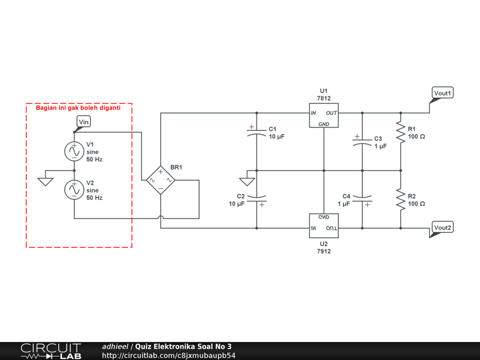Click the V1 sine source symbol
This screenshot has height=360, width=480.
[74, 151]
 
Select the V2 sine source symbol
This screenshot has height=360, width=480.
[74, 190]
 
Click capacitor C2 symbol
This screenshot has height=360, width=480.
[256, 199]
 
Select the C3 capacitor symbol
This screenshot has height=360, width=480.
[362, 142]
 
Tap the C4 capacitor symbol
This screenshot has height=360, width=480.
[362, 199]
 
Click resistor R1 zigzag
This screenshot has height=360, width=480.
[400, 132]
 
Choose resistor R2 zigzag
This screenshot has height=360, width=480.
[400, 199]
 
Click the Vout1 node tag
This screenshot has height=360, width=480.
[442, 93]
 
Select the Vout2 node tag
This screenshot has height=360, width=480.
[442, 228]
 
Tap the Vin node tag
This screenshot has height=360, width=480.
[83, 122]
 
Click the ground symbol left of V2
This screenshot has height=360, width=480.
[45, 180]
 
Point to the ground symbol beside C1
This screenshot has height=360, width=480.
[246, 181]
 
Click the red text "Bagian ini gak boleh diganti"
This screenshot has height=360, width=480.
[78, 108]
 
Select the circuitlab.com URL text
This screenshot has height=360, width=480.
[169, 355]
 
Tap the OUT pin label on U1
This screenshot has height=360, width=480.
[331, 113]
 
